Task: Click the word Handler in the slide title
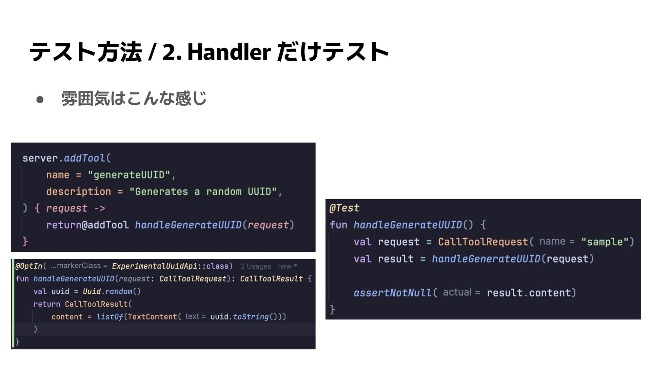(x=229, y=52)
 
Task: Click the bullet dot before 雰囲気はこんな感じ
(x=40, y=99)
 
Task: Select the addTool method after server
(x=84, y=158)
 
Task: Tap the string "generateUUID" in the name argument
(x=129, y=175)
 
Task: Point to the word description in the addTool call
(x=78, y=191)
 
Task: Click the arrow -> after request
(x=99, y=208)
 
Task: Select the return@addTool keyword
(x=87, y=225)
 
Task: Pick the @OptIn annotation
(x=29, y=266)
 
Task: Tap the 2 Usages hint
(x=256, y=266)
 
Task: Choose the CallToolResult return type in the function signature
(x=271, y=279)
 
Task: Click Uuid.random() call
(x=112, y=291)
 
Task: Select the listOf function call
(x=110, y=317)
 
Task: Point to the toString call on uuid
(x=251, y=317)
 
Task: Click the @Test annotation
(x=344, y=208)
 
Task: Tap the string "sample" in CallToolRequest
(x=605, y=242)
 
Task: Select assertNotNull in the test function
(x=392, y=292)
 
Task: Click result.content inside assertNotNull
(x=529, y=292)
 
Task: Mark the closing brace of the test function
(x=332, y=309)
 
